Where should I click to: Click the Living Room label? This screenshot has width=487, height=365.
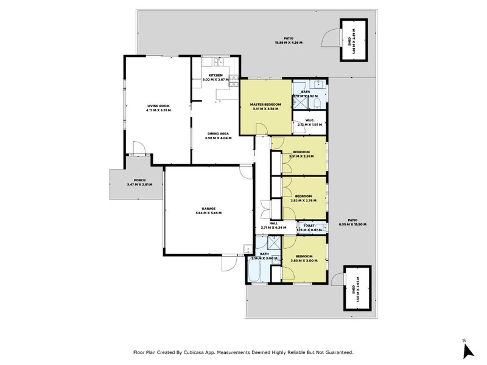click(x=158, y=106)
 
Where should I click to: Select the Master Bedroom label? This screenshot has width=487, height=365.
click(x=265, y=105)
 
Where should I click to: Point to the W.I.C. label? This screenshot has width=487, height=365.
click(x=309, y=120)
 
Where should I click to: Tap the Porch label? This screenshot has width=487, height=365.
click(x=139, y=181)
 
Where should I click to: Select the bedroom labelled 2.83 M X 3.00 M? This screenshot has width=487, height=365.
click(x=304, y=259)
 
